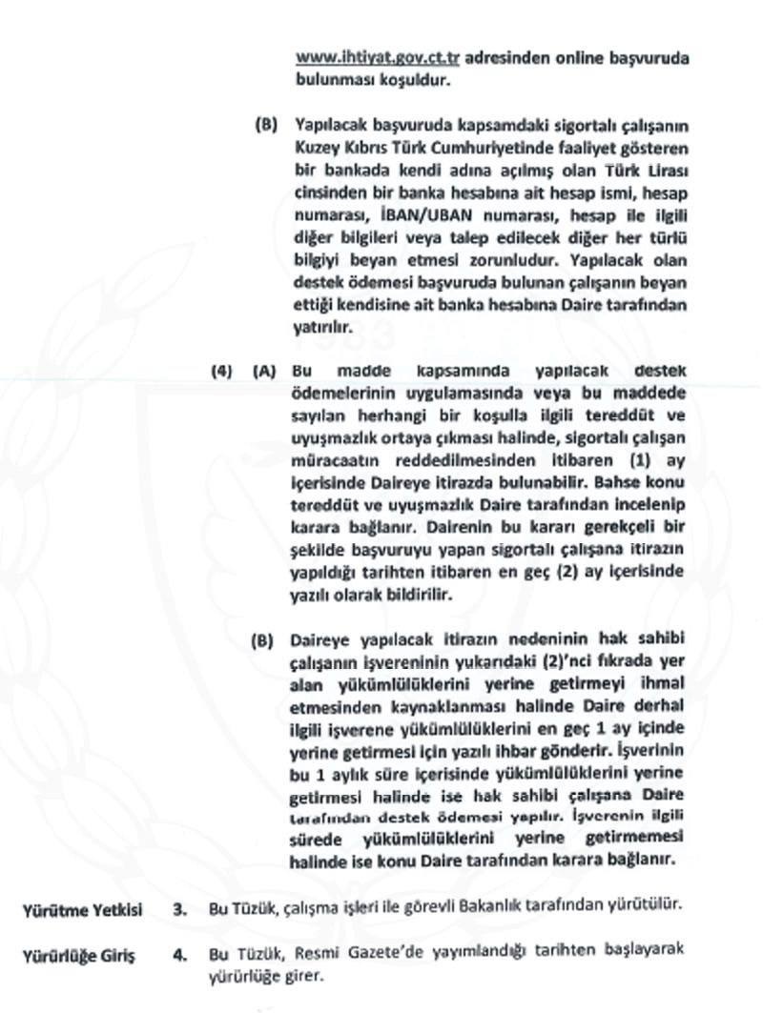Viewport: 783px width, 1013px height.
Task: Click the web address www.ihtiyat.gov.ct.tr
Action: tap(379, 56)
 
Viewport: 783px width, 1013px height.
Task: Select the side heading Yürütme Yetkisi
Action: tap(82, 909)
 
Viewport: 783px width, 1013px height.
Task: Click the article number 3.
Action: tap(179, 909)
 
